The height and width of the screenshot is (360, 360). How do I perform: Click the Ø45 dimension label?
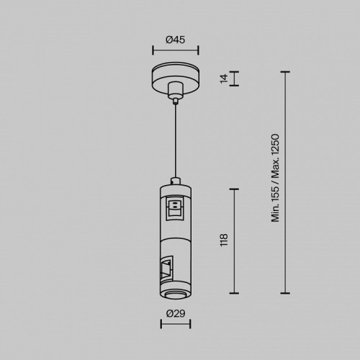pyautogui.click(x=176, y=40)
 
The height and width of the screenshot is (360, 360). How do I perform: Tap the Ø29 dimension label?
pyautogui.click(x=176, y=313)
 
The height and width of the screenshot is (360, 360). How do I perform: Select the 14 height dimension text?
pyautogui.click(x=224, y=78)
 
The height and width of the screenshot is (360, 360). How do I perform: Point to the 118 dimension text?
pyautogui.click(x=224, y=239)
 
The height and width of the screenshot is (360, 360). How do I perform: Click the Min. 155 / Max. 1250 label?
pyautogui.click(x=275, y=178)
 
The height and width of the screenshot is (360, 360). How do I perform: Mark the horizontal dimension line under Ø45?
pyautogui.click(x=176, y=50)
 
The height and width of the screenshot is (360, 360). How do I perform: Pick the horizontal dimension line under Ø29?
pyautogui.click(x=176, y=324)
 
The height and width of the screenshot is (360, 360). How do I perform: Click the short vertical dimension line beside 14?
pyautogui.click(x=234, y=78)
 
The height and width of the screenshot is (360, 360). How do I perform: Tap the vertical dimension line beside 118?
pyautogui.click(x=234, y=241)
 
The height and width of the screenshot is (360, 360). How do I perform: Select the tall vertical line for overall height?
pyautogui.click(x=285, y=182)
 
